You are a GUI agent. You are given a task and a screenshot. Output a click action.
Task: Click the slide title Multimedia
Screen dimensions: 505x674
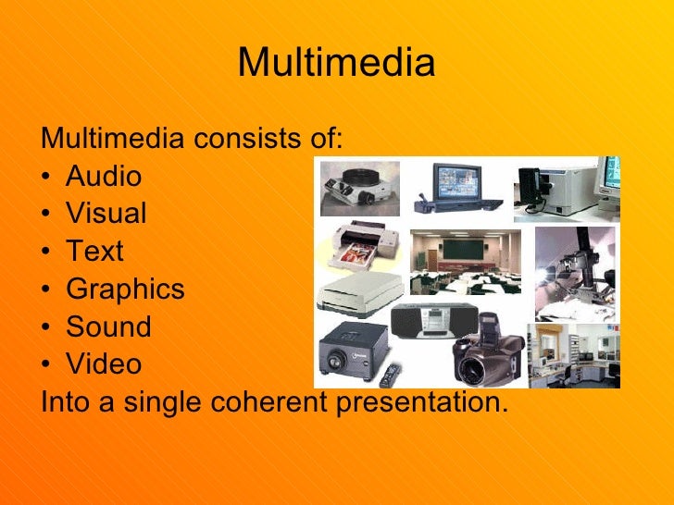[336, 63]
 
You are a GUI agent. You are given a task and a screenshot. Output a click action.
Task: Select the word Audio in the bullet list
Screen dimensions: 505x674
[104, 176]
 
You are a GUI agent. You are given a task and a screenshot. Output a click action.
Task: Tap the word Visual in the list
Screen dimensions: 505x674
[106, 214]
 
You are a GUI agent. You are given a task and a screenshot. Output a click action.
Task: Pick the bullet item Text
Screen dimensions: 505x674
[94, 252]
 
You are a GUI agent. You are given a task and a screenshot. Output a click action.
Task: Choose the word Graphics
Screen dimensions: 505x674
[125, 289]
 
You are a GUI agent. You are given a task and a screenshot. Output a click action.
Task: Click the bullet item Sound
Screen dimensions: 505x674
[108, 326]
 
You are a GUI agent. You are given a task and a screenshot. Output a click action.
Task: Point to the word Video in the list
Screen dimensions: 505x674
[104, 364]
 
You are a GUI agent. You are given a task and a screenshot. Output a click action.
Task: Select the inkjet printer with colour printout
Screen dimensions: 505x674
[359, 247]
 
